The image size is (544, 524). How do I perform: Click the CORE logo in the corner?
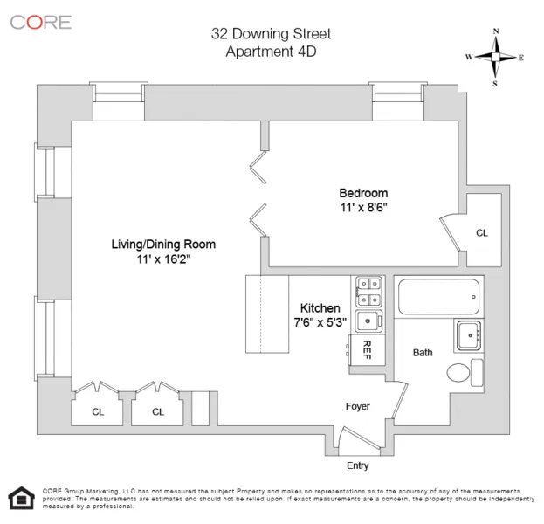point(40,22)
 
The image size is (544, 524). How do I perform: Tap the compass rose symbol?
point(495,58)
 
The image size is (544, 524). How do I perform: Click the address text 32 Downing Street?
point(271,34)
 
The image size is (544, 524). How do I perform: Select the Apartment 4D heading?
point(271,52)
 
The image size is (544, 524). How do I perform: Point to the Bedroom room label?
point(363,193)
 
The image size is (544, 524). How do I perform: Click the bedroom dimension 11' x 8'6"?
point(363,208)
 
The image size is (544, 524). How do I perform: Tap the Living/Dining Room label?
point(162,244)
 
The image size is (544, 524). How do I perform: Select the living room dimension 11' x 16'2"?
point(162,259)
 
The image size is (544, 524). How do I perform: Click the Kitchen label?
point(320,308)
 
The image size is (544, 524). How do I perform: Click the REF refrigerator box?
point(366,349)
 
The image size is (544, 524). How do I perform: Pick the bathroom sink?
point(468,334)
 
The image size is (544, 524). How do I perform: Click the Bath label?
point(423,353)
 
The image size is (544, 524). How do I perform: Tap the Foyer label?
point(358,405)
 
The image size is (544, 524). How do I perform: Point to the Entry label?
point(358,466)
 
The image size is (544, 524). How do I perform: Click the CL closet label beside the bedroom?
point(482,233)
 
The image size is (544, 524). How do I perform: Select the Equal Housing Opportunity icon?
point(18,499)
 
